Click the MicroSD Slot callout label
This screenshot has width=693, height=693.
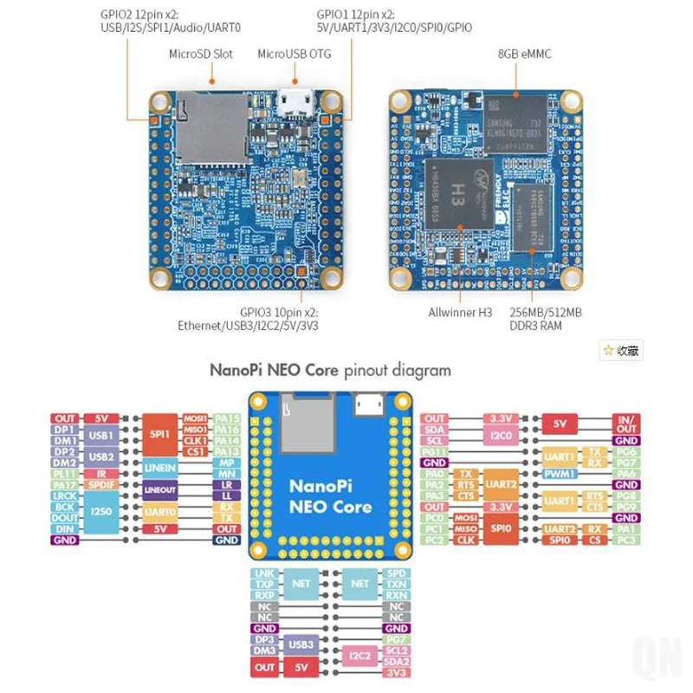pyautogui.click(x=200, y=54)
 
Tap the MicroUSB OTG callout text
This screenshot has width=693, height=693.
pyautogui.click(x=295, y=54)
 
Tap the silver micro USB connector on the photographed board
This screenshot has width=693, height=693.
pyautogui.click(x=295, y=103)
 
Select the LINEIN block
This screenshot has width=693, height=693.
pyautogui.click(x=159, y=469)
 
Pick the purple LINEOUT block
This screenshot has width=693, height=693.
pyautogui.click(x=159, y=490)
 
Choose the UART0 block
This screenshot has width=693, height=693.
pyautogui.click(x=159, y=513)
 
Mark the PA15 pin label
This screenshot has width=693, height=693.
pyautogui.click(x=226, y=418)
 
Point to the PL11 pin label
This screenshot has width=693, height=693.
pyautogui.click(x=64, y=474)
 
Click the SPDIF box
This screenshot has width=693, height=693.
pyautogui.click(x=102, y=485)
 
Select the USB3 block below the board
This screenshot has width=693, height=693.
pyautogui.click(x=301, y=644)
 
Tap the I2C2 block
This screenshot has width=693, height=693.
pyautogui.click(x=359, y=656)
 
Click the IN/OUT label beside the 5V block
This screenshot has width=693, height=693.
pyautogui.click(x=625, y=424)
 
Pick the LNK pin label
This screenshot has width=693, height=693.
pyautogui.click(x=264, y=573)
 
